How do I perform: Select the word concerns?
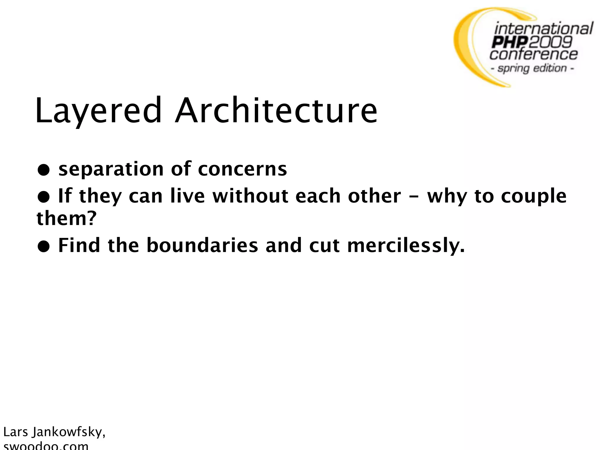pyautogui.click(x=242, y=170)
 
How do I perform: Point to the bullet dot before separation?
pyautogui.click(x=43, y=170)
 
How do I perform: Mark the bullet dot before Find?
pyautogui.click(x=43, y=246)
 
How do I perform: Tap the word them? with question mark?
pyautogui.click(x=67, y=219)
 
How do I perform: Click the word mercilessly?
pyautogui.click(x=406, y=246)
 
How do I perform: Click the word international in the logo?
pyautogui.click(x=543, y=29)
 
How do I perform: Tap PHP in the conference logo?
pyautogui.click(x=510, y=42)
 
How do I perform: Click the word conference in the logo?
pyautogui.click(x=533, y=54)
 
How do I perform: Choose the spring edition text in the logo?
pyautogui.click(x=532, y=68)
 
